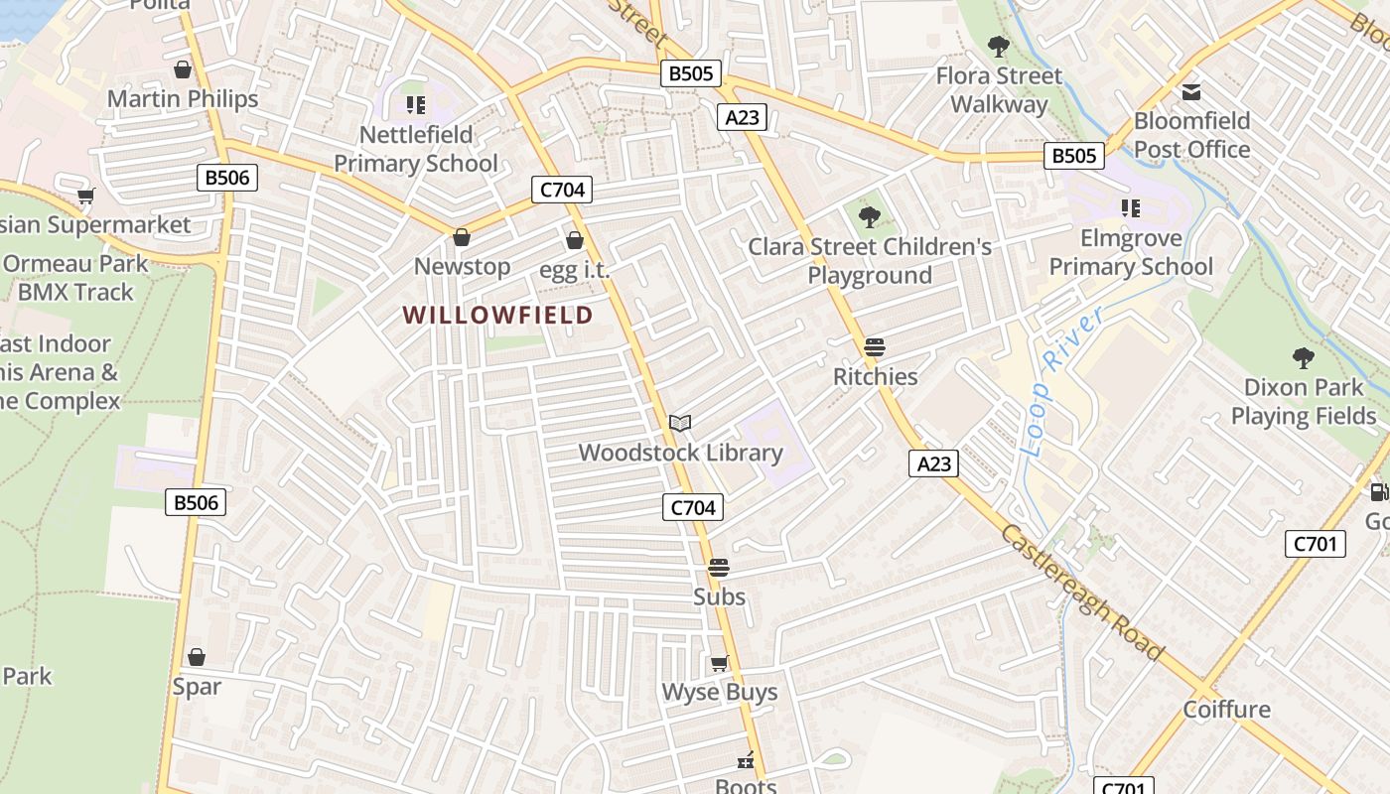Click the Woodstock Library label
[680, 453]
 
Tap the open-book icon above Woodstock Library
[680, 424]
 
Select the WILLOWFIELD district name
[497, 316]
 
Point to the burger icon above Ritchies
[875, 347]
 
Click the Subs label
[719, 596]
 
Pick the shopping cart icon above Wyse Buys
[719, 663]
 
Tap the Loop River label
[1061, 382]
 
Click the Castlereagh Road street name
[1082, 593]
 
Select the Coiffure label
[1226, 709]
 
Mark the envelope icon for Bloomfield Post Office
[1191, 92]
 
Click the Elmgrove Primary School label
[1131, 252]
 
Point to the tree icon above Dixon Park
[1304, 358]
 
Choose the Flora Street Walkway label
[999, 89]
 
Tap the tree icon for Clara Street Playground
[870, 216]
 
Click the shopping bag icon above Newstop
[462, 237]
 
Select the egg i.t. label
[574, 269]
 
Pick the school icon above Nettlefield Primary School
[416, 104]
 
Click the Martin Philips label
[183, 98]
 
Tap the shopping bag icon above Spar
[197, 657]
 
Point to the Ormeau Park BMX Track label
[75, 278]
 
